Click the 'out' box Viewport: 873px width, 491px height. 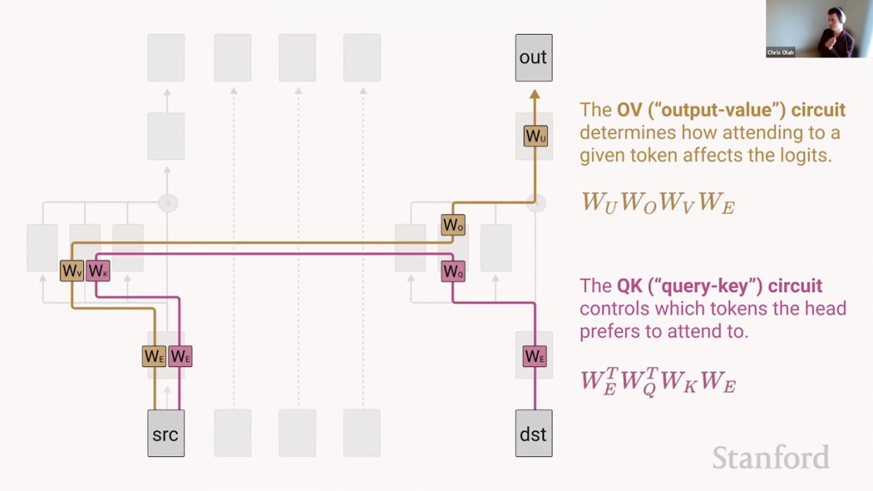(x=533, y=57)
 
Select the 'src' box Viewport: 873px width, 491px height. (x=166, y=434)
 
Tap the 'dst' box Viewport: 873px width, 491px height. (x=533, y=434)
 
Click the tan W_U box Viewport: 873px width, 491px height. (x=535, y=137)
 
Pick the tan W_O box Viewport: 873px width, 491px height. (x=453, y=225)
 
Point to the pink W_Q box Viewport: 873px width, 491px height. (x=453, y=272)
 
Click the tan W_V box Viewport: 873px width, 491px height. (x=72, y=271)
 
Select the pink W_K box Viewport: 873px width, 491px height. (x=98, y=271)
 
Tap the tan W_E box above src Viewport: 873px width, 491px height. (x=154, y=356)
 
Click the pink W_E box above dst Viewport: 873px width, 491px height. (x=534, y=356)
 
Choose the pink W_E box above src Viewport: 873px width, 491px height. (x=180, y=356)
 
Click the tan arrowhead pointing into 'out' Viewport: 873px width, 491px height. (x=534, y=95)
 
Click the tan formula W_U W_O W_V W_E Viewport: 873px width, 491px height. (x=658, y=202)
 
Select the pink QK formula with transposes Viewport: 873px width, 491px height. (x=658, y=381)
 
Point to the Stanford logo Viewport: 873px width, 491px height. (x=770, y=458)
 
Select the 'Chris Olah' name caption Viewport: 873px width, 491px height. (x=780, y=53)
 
